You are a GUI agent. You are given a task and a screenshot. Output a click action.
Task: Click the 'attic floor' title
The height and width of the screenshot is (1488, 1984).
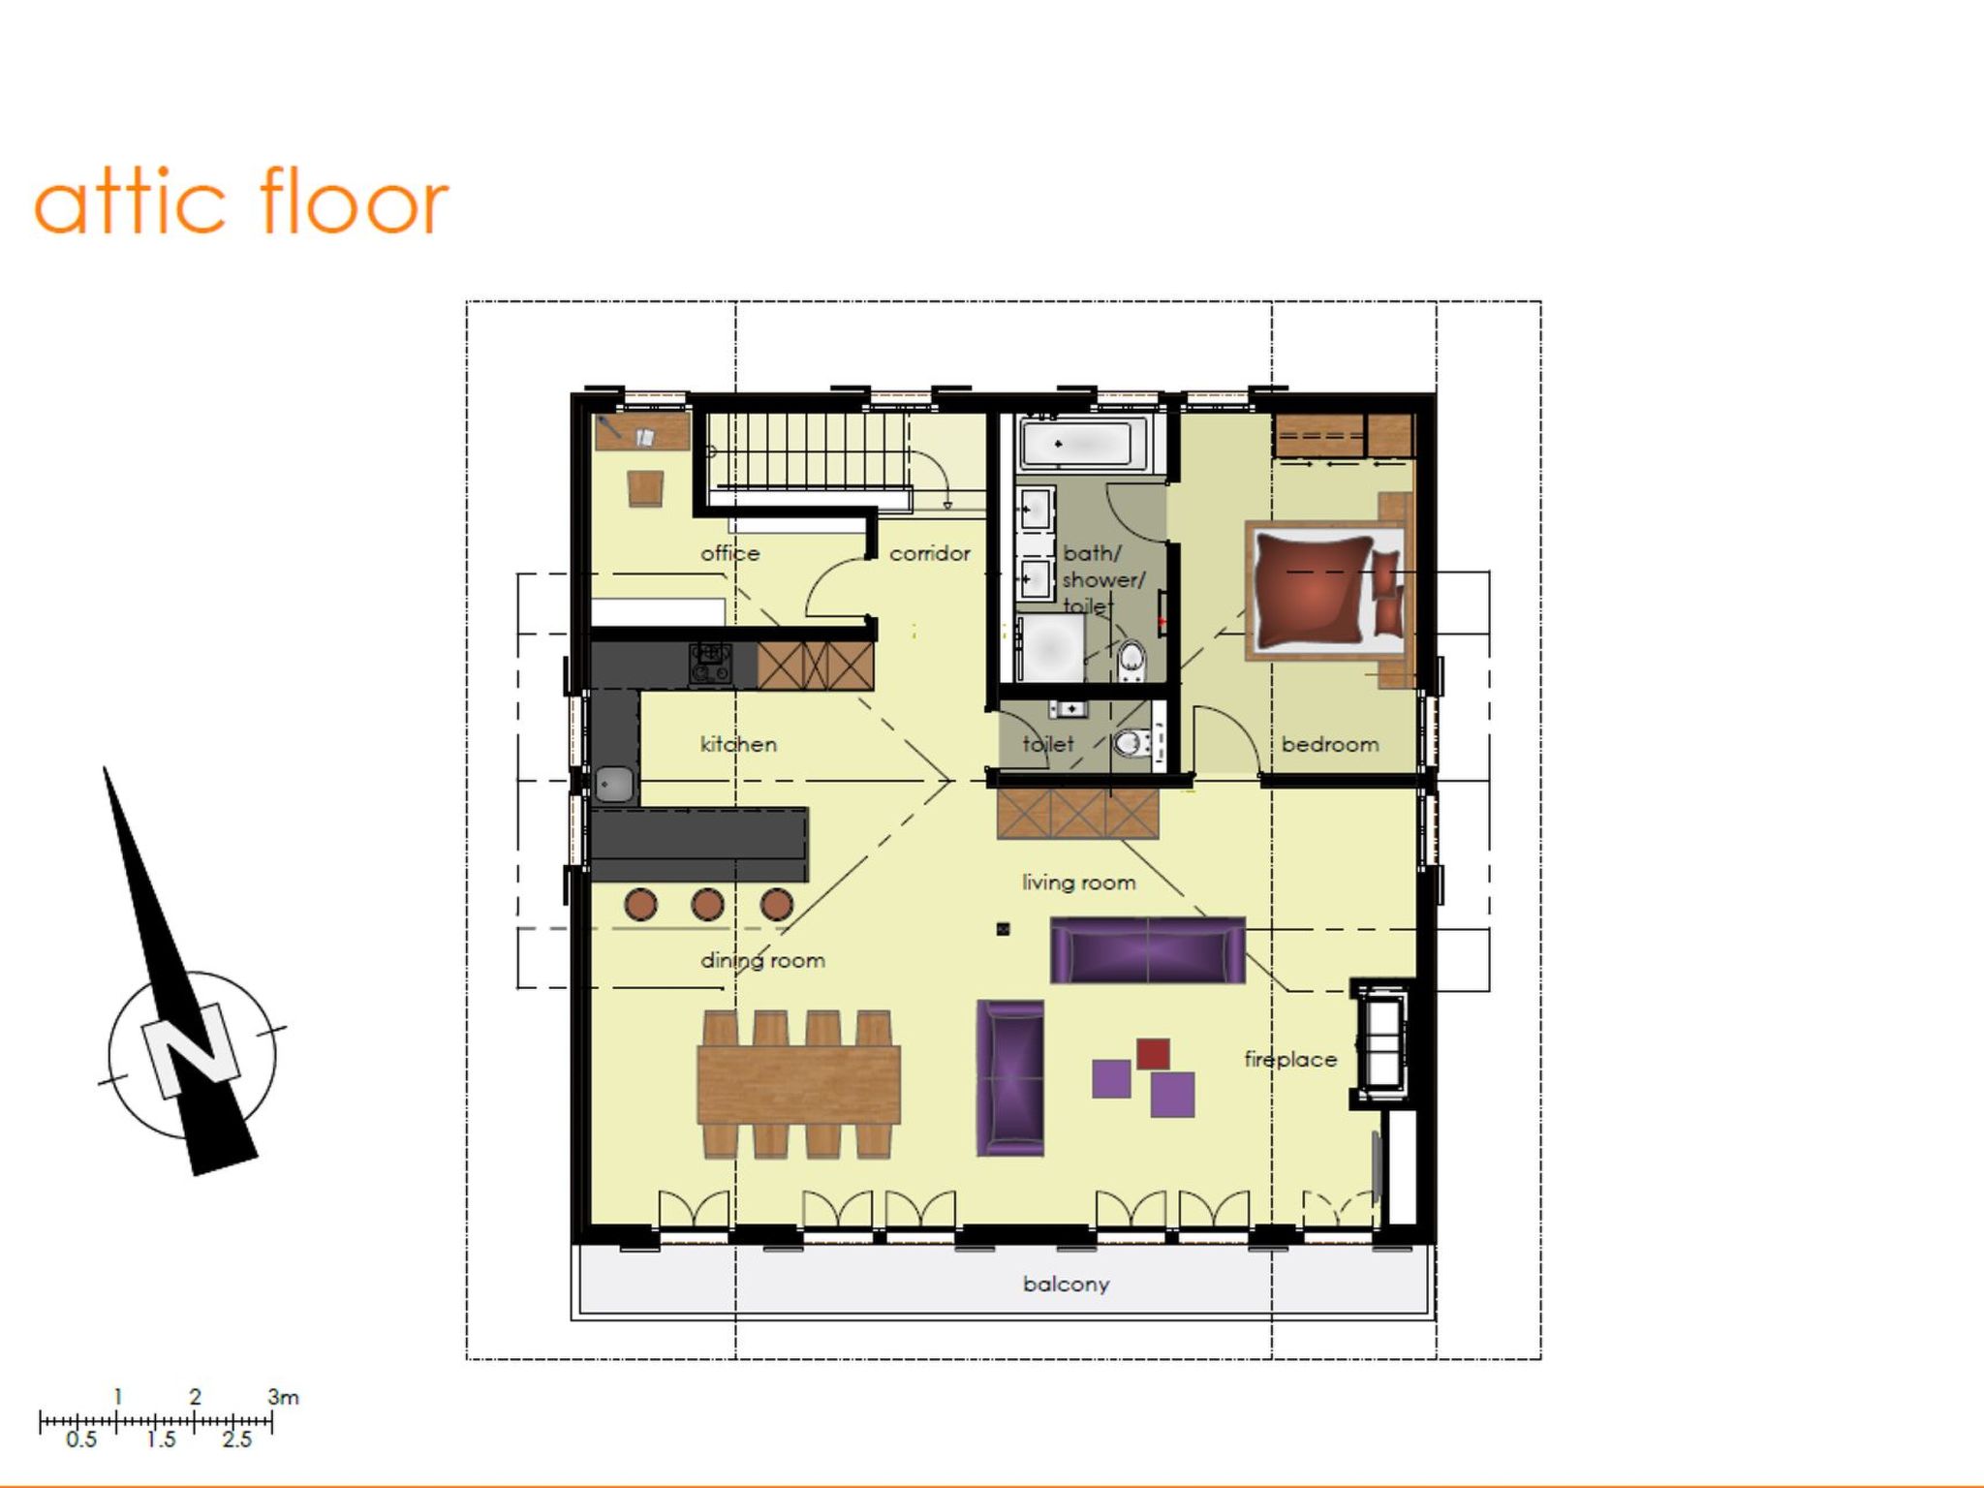click(x=241, y=201)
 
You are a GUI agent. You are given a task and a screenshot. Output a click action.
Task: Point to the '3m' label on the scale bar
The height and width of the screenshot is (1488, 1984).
click(x=284, y=1397)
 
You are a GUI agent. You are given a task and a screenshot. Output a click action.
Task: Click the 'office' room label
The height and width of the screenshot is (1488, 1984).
click(x=730, y=553)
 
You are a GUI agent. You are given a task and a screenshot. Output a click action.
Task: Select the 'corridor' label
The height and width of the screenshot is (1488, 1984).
click(x=930, y=553)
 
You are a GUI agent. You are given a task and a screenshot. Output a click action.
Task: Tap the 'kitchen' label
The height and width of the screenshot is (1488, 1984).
click(x=738, y=744)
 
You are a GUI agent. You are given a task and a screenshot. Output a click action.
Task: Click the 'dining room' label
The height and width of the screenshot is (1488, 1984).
click(x=762, y=960)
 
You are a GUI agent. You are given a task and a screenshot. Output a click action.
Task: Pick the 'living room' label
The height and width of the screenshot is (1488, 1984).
click(x=1079, y=883)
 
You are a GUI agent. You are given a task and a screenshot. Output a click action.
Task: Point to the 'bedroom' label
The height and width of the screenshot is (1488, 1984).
click(x=1330, y=744)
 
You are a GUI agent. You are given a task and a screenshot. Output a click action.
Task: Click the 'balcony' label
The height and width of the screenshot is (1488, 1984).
click(x=1067, y=1284)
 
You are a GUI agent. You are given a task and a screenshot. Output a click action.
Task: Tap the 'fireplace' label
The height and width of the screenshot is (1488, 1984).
click(x=1290, y=1059)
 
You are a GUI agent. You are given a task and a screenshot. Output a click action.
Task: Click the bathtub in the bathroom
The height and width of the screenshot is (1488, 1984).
click(x=1085, y=445)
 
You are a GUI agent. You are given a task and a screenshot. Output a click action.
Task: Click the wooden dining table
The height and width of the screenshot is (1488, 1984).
click(x=798, y=1084)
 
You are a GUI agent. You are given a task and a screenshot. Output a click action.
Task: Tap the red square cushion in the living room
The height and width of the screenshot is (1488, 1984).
click(x=1153, y=1054)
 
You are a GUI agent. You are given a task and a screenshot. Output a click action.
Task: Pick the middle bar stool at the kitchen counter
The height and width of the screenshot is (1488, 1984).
click(x=708, y=905)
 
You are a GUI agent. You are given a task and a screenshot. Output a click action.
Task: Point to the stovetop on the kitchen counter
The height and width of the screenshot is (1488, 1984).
click(x=710, y=665)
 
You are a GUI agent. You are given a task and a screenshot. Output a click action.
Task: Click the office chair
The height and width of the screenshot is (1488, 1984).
click(x=645, y=488)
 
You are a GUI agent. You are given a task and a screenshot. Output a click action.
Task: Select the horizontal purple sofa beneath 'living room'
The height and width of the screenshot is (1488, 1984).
click(x=1148, y=950)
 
